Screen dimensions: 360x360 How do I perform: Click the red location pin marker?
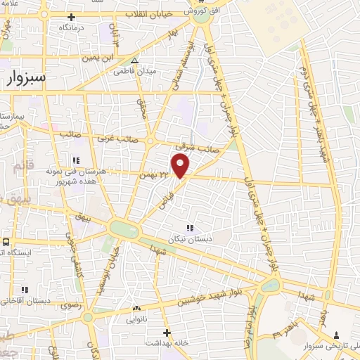point(181,167)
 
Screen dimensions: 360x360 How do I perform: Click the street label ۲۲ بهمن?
point(155,173)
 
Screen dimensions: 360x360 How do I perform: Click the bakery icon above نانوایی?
point(136,308)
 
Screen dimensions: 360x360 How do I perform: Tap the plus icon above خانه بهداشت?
point(166,332)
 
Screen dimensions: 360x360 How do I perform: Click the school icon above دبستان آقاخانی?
point(25,290)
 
